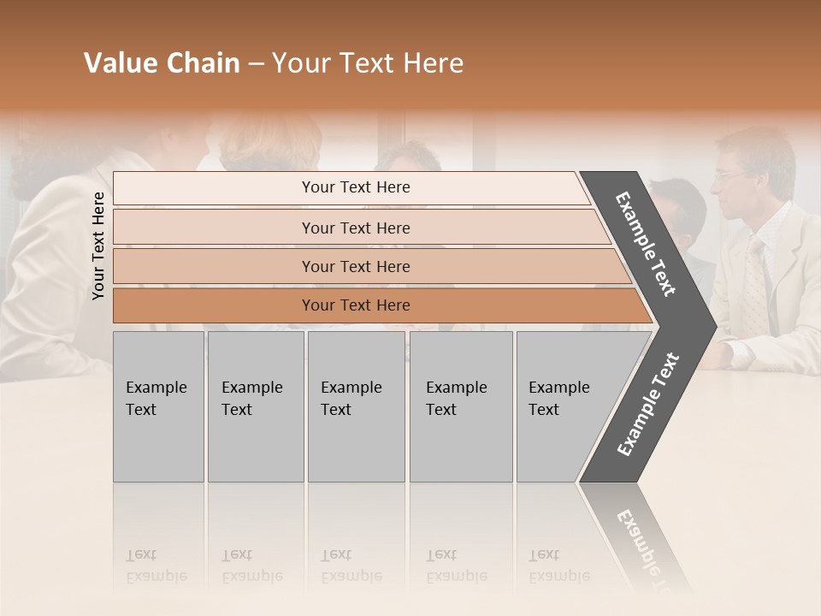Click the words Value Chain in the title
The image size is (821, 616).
click(x=162, y=63)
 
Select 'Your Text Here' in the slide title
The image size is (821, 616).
click(x=368, y=63)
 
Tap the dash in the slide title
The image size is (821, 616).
click(x=256, y=64)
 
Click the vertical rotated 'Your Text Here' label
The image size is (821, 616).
click(x=98, y=246)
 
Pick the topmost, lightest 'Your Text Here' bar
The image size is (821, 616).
click(x=355, y=187)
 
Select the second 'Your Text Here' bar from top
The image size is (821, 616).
click(x=355, y=228)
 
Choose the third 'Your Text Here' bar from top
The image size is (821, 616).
click(x=355, y=266)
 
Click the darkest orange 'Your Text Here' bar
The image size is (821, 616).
click(x=355, y=305)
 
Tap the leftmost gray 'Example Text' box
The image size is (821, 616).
click(x=158, y=406)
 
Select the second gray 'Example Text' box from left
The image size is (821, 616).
click(x=255, y=406)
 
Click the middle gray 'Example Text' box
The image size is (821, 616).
click(x=356, y=406)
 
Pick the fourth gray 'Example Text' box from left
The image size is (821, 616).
click(x=460, y=406)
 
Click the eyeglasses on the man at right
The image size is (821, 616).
click(x=729, y=175)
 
